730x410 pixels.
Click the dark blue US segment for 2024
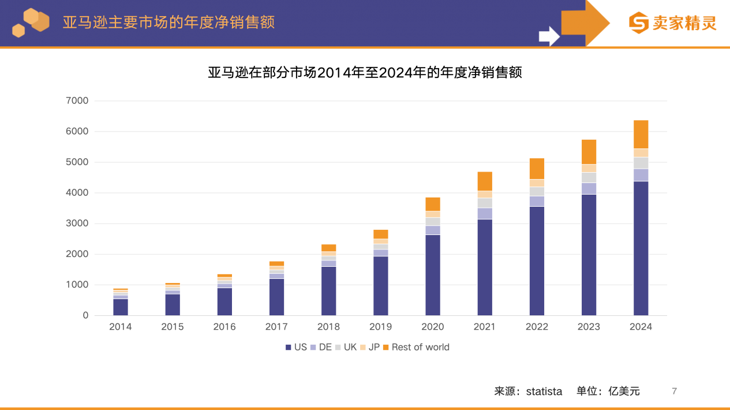[x=641, y=248]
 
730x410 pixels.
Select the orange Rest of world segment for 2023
[x=589, y=152]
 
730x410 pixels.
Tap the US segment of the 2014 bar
[x=121, y=307]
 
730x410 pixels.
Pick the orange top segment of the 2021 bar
[x=485, y=181]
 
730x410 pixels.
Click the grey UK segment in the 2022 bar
[x=537, y=191]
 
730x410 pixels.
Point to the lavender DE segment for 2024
[x=641, y=175]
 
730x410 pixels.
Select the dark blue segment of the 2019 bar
[x=380, y=286]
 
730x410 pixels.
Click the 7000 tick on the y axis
[x=77, y=101]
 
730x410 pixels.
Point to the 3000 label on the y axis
[x=77, y=223]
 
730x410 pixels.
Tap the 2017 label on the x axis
[x=276, y=327]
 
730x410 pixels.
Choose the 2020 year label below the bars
[x=432, y=327]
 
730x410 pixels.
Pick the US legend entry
[x=296, y=347]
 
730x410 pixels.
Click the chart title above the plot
[x=365, y=73]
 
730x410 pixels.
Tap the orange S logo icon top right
[x=638, y=23]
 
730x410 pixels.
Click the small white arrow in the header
[x=549, y=36]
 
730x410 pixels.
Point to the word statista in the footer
[x=544, y=392]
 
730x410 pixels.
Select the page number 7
[x=674, y=391]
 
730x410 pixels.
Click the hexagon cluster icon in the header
[x=31, y=23]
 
